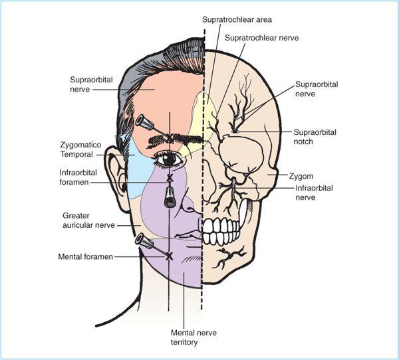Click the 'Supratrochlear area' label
[x=237, y=19]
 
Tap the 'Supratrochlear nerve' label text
[x=261, y=38]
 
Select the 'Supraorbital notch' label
[x=315, y=137]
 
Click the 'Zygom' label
[x=301, y=176]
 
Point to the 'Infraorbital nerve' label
[x=314, y=193]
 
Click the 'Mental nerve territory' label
[x=194, y=337]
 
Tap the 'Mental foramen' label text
[x=86, y=257]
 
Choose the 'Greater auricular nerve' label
[x=88, y=221]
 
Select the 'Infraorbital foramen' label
[x=78, y=177]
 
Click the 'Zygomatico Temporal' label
[x=80, y=149]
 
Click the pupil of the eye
[x=169, y=159]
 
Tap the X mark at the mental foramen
[x=169, y=256]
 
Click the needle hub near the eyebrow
[x=144, y=122]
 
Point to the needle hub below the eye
[x=169, y=198]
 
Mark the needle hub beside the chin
[x=144, y=242]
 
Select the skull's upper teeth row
[x=221, y=226]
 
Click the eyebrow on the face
[x=175, y=141]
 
